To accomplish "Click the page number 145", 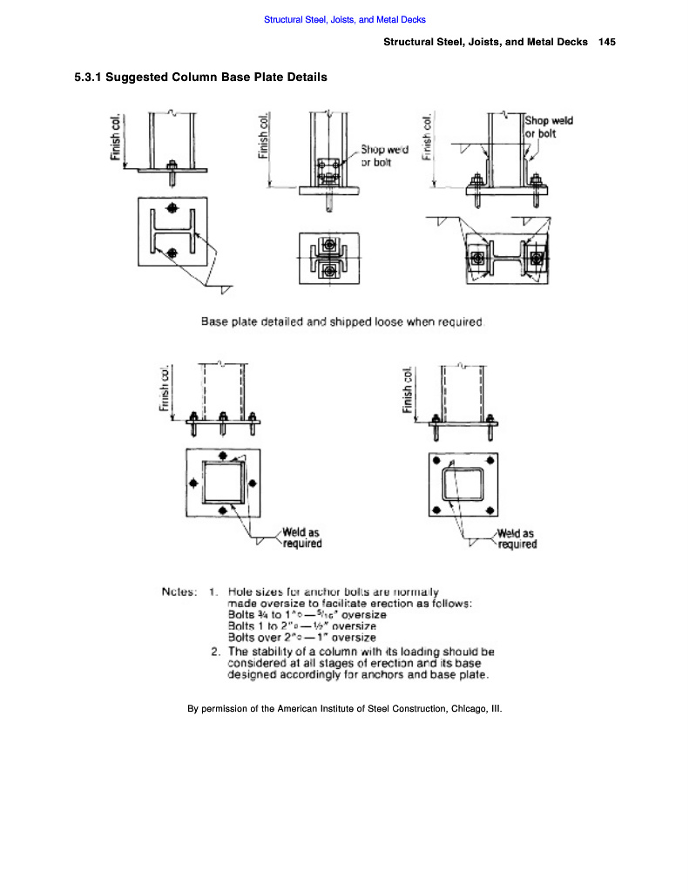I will pos(607,43).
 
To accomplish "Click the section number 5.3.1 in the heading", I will pos(91,78).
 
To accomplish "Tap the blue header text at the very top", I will pos(344,19).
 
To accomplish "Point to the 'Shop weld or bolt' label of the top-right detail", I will pos(549,127).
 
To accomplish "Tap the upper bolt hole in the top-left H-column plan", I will pos(172,209).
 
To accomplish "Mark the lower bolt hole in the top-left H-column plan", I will pos(172,253).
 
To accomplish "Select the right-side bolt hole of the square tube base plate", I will pos(253,483).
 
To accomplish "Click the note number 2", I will pos(215,651).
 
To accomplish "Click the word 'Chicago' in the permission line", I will pos(467,709).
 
